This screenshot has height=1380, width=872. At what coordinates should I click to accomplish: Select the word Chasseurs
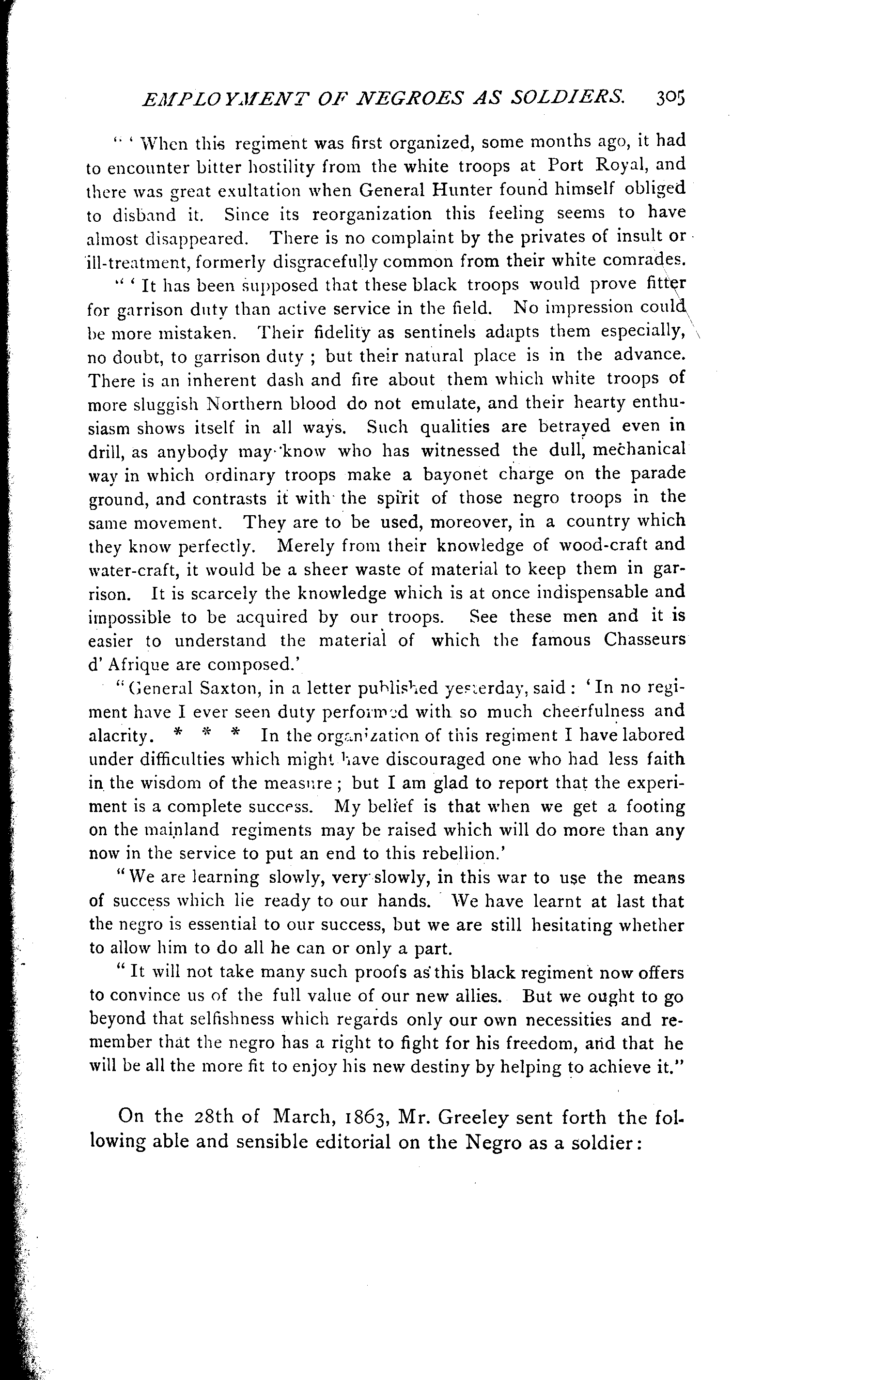(644, 640)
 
